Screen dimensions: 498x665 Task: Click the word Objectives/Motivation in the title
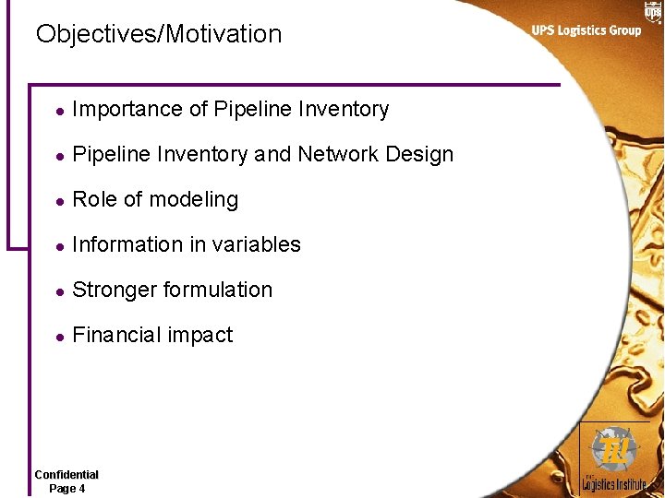[x=159, y=34]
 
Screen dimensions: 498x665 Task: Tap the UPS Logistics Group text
[x=586, y=30]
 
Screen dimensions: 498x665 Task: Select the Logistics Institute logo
[x=613, y=458]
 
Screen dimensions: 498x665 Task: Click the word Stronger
[x=113, y=290]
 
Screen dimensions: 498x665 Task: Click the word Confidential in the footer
[x=66, y=474]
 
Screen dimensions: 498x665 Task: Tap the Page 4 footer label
[x=66, y=488]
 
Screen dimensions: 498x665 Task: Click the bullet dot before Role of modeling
[x=57, y=200]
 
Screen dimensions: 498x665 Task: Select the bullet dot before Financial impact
[x=57, y=336]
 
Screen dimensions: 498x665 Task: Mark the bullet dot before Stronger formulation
[x=57, y=290]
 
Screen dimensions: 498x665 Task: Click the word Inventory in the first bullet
[x=344, y=109]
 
